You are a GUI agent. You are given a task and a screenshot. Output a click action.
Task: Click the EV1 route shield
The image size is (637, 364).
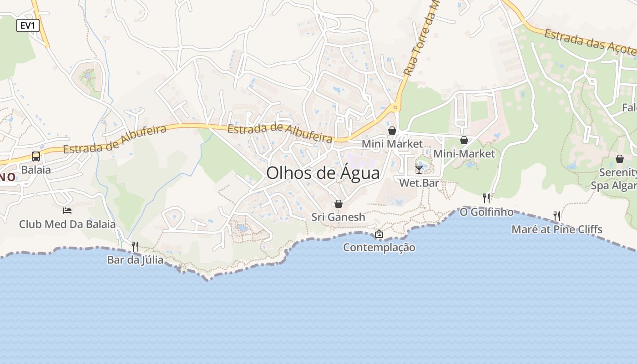pos(28,25)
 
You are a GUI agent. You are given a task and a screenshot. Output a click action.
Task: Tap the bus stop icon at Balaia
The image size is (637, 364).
pos(36,157)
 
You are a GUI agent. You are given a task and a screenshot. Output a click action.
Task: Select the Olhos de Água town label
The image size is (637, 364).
pos(323,173)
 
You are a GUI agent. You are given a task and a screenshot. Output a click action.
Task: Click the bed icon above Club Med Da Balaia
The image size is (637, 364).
pos(67,211)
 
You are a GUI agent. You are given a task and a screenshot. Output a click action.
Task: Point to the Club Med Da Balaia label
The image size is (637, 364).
pos(67,224)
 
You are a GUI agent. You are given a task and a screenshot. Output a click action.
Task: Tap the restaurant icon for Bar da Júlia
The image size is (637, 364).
pos(135,247)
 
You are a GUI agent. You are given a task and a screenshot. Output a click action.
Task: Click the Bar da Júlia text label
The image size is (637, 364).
pos(135,260)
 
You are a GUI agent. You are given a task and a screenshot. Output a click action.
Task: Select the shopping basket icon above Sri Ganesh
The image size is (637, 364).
pos(339,204)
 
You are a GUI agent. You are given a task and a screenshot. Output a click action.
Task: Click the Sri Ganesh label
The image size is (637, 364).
pos(339,217)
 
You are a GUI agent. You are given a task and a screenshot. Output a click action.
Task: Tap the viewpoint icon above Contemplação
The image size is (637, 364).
pos(379,234)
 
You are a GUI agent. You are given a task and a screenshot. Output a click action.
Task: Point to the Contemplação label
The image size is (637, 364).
pos(379,248)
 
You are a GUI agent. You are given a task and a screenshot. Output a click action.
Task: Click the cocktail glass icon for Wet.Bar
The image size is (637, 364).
pos(419,170)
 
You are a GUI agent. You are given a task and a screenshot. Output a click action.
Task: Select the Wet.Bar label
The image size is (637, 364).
pos(419,183)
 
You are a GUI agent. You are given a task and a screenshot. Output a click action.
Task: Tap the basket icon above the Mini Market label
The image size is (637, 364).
pos(392,131)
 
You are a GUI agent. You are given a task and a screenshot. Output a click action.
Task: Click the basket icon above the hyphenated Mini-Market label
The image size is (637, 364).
pos(464,140)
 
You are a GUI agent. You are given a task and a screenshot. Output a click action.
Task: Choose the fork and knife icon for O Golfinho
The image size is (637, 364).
pos(486,198)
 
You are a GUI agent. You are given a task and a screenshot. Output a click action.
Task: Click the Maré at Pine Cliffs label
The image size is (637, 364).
pos(557,229)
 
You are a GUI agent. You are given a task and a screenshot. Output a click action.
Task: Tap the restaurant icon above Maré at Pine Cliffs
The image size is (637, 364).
pos(556,216)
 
